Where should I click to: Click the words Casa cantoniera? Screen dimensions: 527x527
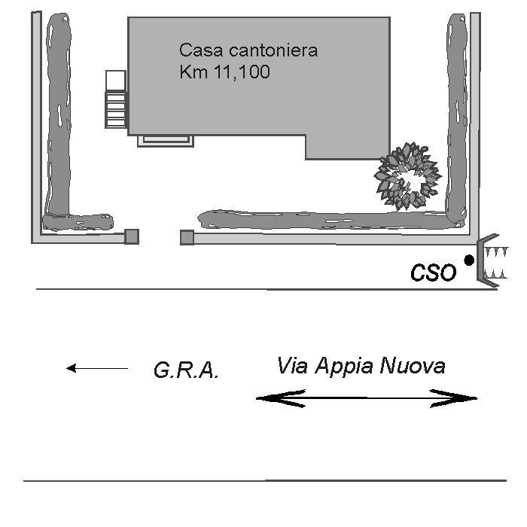click(248, 50)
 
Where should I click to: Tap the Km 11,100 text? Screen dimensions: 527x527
click(224, 72)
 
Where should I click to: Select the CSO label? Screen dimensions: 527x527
click(434, 273)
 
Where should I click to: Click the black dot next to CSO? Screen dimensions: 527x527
click(469, 260)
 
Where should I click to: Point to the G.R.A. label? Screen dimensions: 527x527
click(186, 370)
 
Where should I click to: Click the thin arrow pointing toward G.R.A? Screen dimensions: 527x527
click(97, 368)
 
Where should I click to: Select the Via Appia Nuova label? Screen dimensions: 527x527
click(361, 366)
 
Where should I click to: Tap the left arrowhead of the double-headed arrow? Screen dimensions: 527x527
click(281, 398)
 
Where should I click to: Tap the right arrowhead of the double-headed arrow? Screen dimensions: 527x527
click(454, 398)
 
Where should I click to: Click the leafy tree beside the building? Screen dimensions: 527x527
click(408, 176)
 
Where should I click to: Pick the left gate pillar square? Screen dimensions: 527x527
click(132, 236)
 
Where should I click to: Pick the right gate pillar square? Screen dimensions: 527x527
click(187, 238)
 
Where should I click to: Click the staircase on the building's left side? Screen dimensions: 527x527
click(116, 109)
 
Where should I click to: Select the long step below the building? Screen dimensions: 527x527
click(166, 141)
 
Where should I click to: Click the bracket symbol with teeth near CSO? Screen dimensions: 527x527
click(492, 260)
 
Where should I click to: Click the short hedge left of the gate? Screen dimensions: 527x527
click(78, 222)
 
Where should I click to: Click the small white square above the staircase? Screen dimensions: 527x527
click(116, 81)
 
